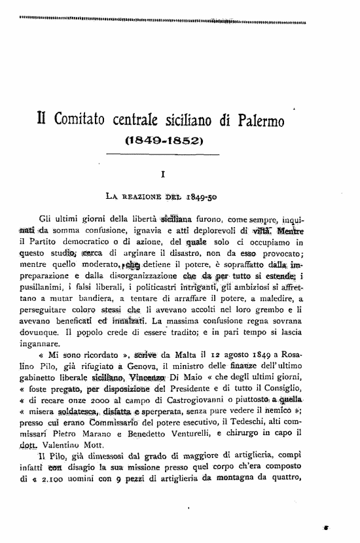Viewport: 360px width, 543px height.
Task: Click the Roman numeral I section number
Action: [x=163, y=173]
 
